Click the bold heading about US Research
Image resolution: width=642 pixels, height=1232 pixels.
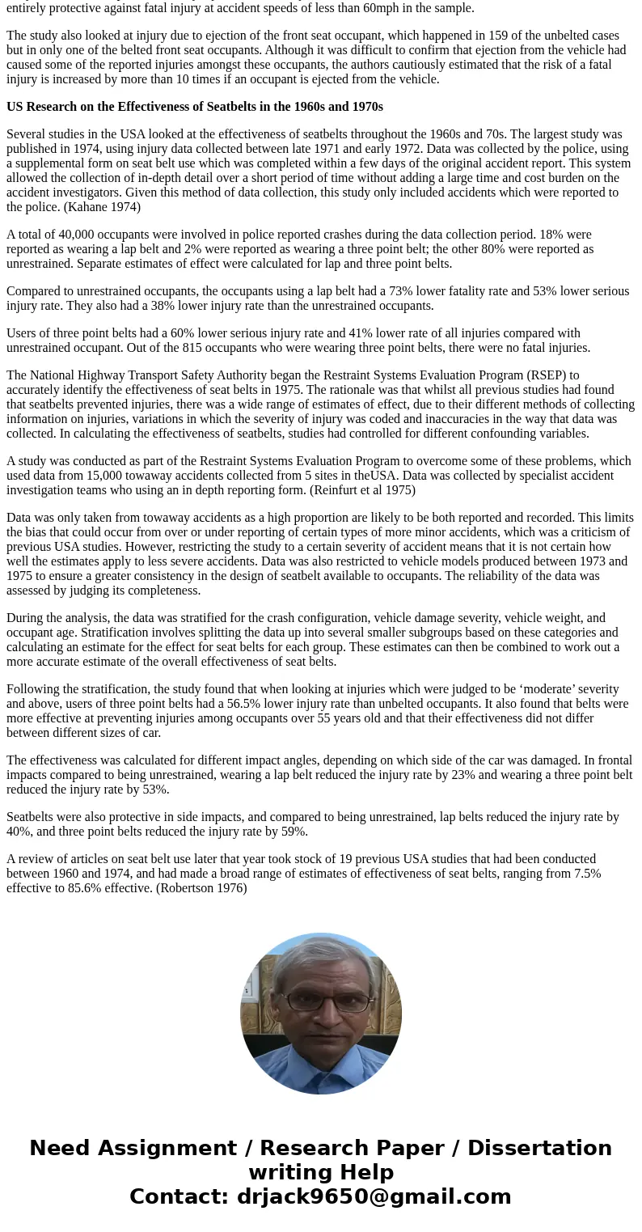point(195,107)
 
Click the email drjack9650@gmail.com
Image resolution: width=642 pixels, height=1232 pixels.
point(374,1196)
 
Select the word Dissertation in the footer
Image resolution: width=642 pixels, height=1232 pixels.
point(539,1148)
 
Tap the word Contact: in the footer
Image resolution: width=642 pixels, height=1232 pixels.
point(180,1196)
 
